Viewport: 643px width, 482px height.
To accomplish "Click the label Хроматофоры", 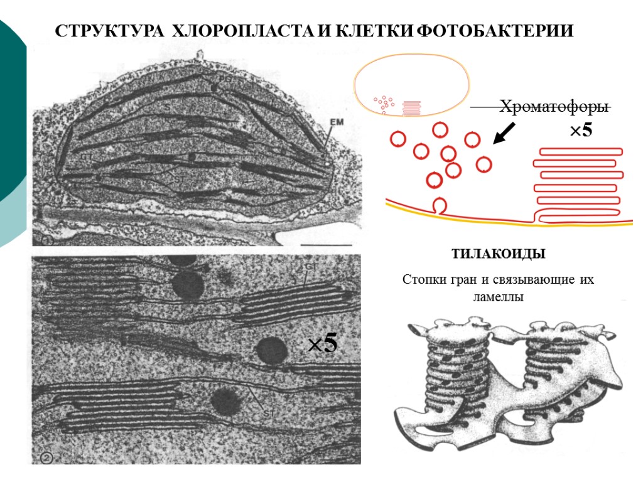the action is point(554,107).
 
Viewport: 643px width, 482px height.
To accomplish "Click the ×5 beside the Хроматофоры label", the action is point(580,131).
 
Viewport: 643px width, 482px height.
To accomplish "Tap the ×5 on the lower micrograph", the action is point(322,344).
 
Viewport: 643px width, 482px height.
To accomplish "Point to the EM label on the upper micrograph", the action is point(337,123).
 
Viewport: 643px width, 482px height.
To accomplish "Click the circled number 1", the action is point(46,240).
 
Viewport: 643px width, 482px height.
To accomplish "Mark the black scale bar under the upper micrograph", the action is point(326,244).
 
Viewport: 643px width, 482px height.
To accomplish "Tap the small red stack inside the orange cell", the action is point(412,108).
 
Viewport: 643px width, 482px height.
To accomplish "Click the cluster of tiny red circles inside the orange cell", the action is point(383,104).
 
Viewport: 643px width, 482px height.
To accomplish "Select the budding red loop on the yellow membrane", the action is point(439,206).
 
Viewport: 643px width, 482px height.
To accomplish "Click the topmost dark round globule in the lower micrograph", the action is point(188,284).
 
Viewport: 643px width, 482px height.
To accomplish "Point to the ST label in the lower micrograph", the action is point(266,413).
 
